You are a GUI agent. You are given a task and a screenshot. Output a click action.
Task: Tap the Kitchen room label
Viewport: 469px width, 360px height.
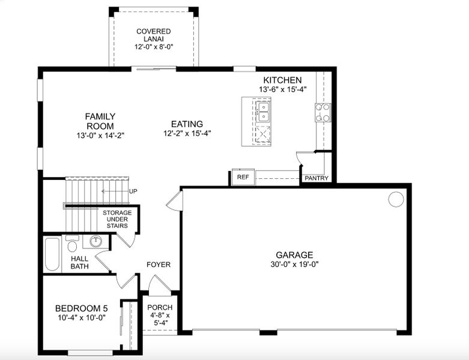[x=282, y=80]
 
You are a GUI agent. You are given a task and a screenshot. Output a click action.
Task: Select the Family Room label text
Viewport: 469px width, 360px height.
[x=100, y=121]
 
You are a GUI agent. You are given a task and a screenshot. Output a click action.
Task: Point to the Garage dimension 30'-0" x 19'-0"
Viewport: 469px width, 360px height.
[x=294, y=265]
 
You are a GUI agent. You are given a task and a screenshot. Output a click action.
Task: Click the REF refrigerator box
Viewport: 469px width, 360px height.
[x=243, y=178]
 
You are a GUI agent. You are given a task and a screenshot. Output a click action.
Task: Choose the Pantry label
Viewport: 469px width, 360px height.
[x=316, y=178]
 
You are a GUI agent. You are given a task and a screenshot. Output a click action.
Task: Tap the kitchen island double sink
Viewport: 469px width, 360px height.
[x=262, y=111]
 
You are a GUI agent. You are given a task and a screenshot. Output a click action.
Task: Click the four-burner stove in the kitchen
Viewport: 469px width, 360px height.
[x=322, y=113]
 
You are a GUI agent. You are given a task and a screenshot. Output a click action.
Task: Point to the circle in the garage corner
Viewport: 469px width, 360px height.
[x=396, y=199]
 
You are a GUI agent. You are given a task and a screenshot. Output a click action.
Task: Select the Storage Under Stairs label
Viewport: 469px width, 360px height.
[x=117, y=219]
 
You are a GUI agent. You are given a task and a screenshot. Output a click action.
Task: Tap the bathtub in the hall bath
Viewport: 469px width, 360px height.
[x=52, y=254]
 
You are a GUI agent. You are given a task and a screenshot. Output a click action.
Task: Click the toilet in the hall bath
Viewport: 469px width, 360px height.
[x=72, y=244]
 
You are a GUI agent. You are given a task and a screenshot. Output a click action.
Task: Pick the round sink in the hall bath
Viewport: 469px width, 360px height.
[x=95, y=242]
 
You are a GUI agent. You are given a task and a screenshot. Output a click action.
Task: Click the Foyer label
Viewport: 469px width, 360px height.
[x=159, y=265]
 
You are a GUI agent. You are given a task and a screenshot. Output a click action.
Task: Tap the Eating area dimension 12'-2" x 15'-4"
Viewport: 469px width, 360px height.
[x=186, y=134]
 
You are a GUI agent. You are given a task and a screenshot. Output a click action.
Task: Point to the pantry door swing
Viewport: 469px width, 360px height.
[x=304, y=158]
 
